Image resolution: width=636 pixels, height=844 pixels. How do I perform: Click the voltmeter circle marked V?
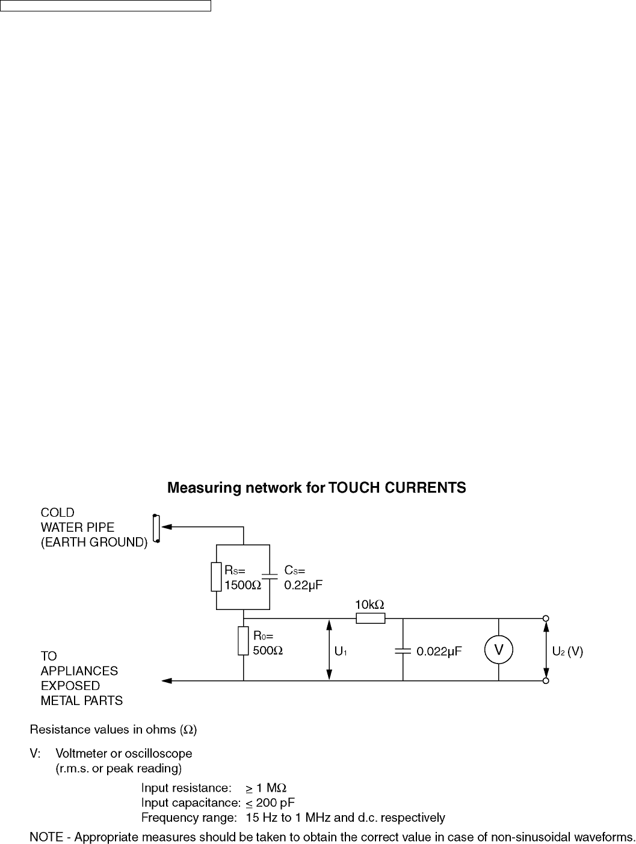click(499, 650)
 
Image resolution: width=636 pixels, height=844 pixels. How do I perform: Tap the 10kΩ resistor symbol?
click(370, 618)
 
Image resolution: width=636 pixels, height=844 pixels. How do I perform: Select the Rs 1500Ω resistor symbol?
click(216, 577)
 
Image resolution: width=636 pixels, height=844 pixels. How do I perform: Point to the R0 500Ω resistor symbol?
click(243, 641)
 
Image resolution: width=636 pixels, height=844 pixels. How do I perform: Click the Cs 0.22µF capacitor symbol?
click(270, 576)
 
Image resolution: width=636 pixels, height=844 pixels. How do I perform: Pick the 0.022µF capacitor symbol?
click(403, 650)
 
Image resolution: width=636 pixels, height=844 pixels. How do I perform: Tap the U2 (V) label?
click(567, 651)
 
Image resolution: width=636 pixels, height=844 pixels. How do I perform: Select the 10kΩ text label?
click(369, 603)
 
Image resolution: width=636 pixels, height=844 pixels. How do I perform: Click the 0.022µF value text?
click(439, 651)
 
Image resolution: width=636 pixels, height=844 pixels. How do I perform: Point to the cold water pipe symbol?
click(156, 528)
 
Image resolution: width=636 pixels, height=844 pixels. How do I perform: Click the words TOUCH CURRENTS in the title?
click(397, 488)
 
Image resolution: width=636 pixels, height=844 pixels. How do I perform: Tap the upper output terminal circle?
click(546, 618)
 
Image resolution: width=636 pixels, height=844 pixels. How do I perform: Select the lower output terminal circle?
click(546, 681)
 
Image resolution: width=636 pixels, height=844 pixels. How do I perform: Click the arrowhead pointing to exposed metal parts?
click(167, 681)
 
